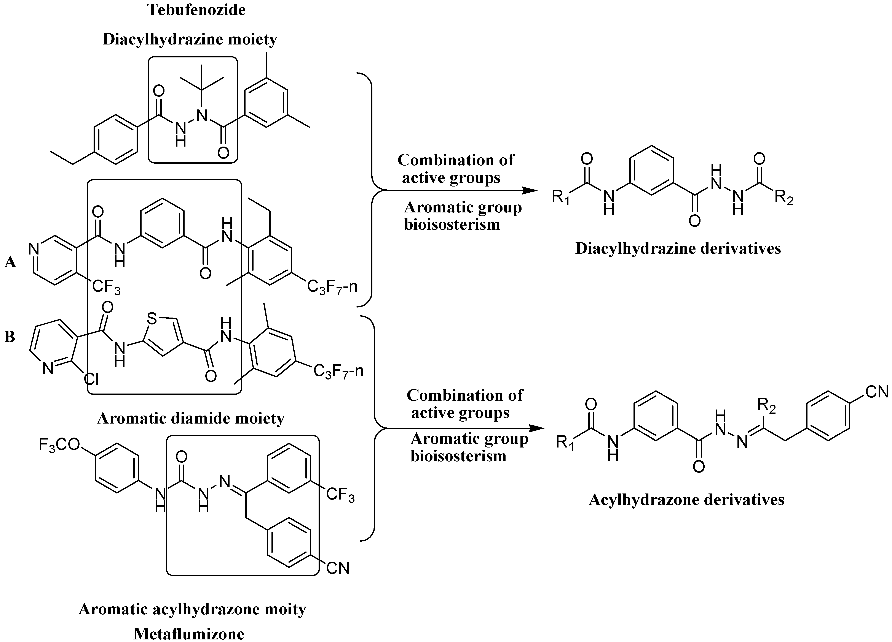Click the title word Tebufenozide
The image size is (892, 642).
(196, 10)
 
